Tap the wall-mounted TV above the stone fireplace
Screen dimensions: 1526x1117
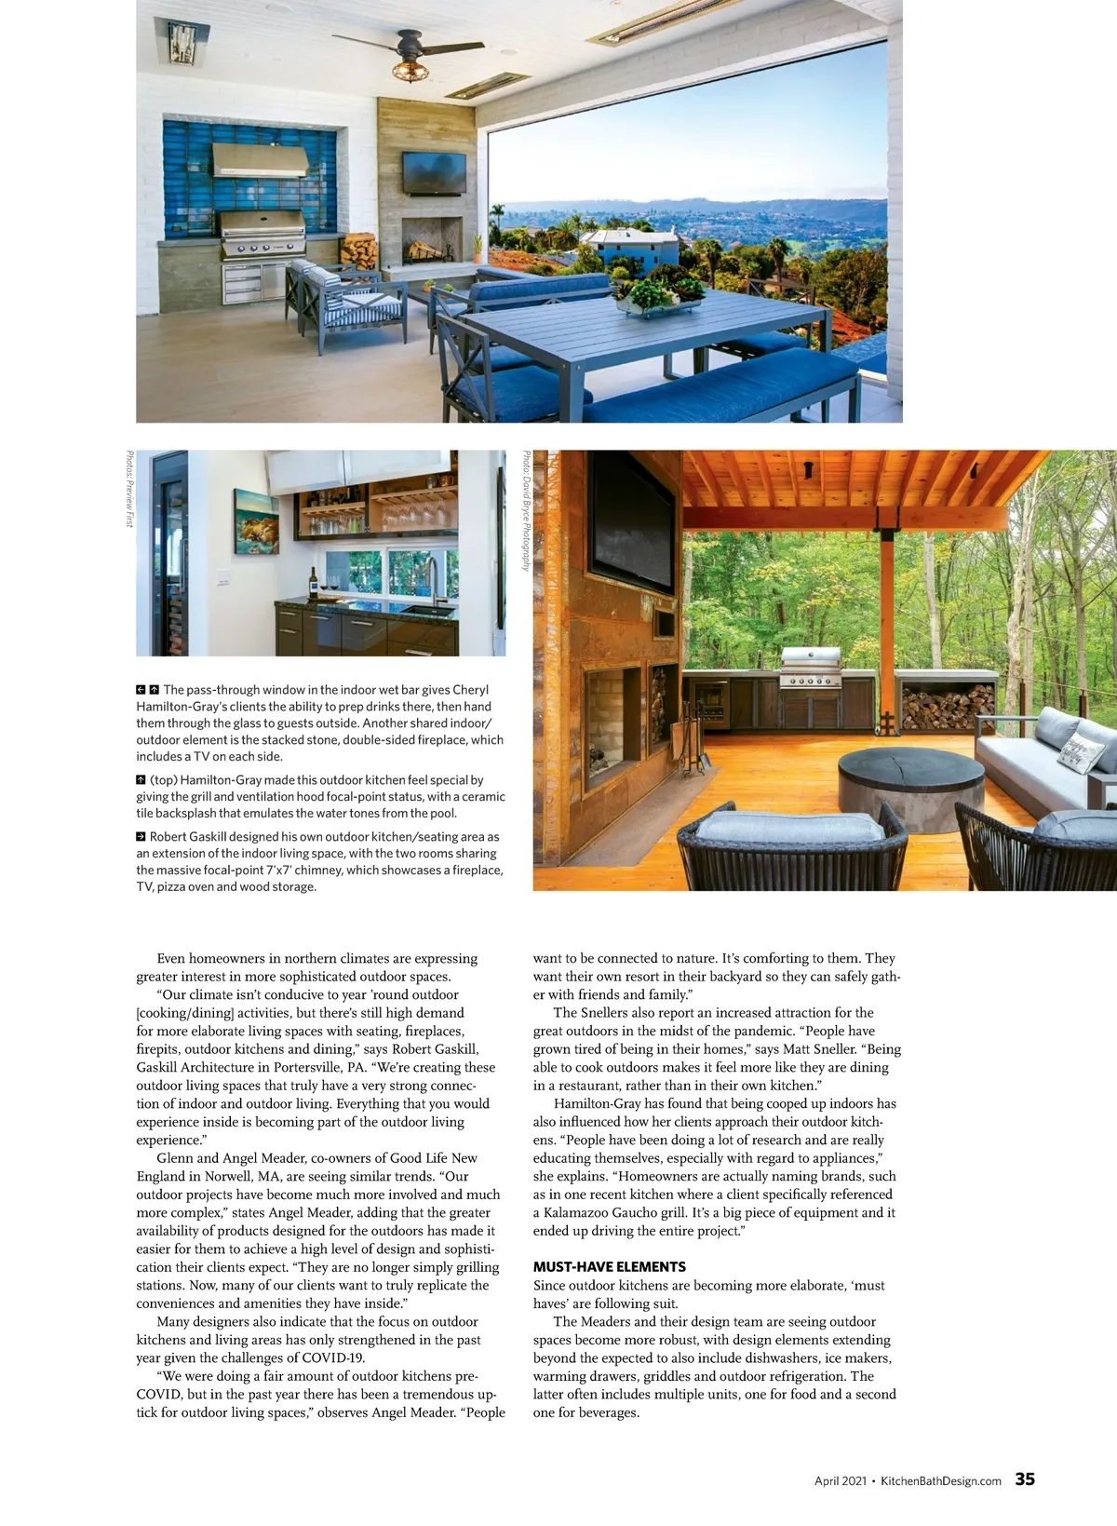click(x=434, y=172)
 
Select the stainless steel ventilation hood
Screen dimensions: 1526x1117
click(x=260, y=159)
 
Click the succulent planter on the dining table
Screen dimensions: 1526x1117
click(x=663, y=294)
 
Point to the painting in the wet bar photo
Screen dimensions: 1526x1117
click(x=257, y=520)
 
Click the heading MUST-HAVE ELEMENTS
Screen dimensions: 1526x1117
click(x=609, y=1266)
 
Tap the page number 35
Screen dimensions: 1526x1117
click(x=1025, y=1479)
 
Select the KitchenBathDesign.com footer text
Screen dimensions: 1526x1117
click(x=940, y=1480)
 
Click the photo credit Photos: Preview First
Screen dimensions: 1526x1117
click(x=128, y=490)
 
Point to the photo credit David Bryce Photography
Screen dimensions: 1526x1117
click(x=526, y=511)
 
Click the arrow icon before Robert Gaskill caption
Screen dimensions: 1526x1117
click(x=141, y=837)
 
